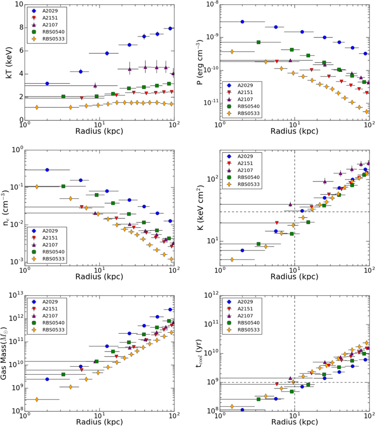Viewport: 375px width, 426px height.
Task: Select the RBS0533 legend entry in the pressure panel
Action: point(241,113)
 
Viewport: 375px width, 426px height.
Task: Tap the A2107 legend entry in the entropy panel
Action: point(241,170)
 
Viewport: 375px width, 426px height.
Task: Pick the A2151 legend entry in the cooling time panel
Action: point(241,309)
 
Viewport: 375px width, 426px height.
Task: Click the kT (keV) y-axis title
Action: point(9,63)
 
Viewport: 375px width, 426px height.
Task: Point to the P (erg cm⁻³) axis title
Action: point(200,62)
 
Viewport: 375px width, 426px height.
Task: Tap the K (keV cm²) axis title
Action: point(200,208)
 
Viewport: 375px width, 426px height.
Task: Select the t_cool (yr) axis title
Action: point(200,354)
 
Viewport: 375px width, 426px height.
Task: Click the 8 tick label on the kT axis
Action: point(21,28)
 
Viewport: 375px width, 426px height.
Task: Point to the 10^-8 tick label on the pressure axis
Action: point(212,4)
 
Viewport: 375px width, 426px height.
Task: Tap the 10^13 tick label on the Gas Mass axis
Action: point(16,295)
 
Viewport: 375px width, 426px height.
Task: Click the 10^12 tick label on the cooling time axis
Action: point(212,295)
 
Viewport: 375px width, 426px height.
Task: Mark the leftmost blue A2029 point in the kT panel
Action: point(47,83)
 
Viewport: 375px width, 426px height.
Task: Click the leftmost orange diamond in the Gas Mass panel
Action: point(37,399)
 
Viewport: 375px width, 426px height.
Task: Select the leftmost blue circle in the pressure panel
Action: point(242,22)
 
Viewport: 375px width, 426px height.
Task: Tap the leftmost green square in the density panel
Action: point(63,186)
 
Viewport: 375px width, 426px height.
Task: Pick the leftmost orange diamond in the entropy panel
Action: point(232,259)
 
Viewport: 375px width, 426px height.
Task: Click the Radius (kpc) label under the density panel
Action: point(99,277)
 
